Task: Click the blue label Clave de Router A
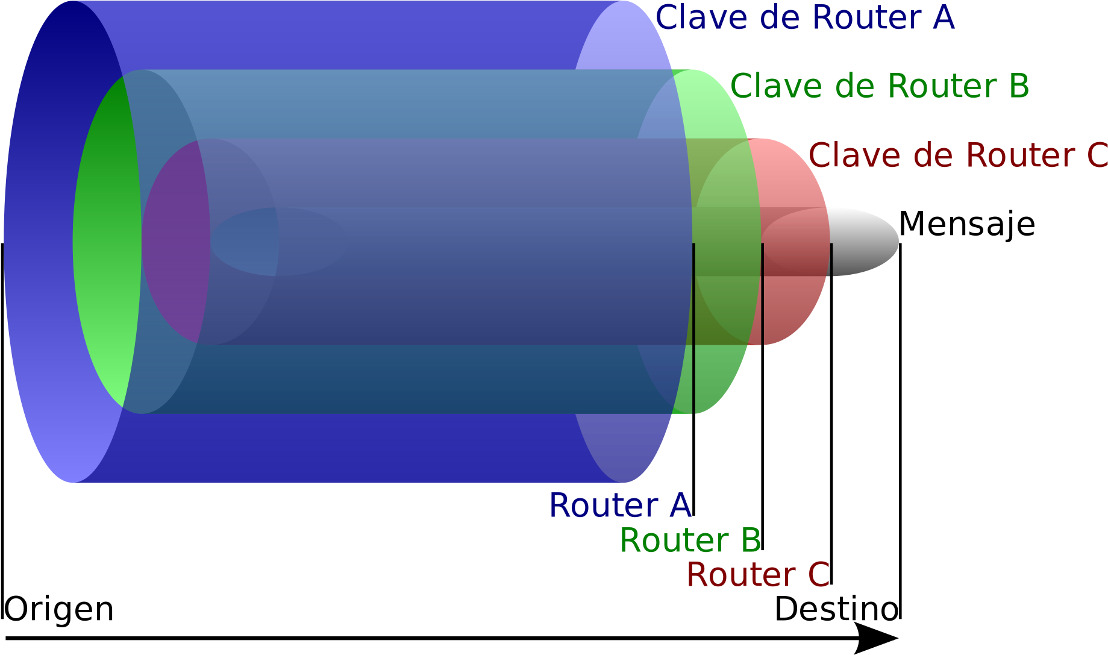pos(804,18)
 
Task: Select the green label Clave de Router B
pos(879,87)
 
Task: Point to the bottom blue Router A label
pos(620,506)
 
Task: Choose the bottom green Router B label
pos(690,540)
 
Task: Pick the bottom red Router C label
pos(758,575)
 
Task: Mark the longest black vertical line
pos(694,328)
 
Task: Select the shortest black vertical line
pos(831,259)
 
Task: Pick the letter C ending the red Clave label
pos(1098,155)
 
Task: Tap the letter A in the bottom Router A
pos(680,506)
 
